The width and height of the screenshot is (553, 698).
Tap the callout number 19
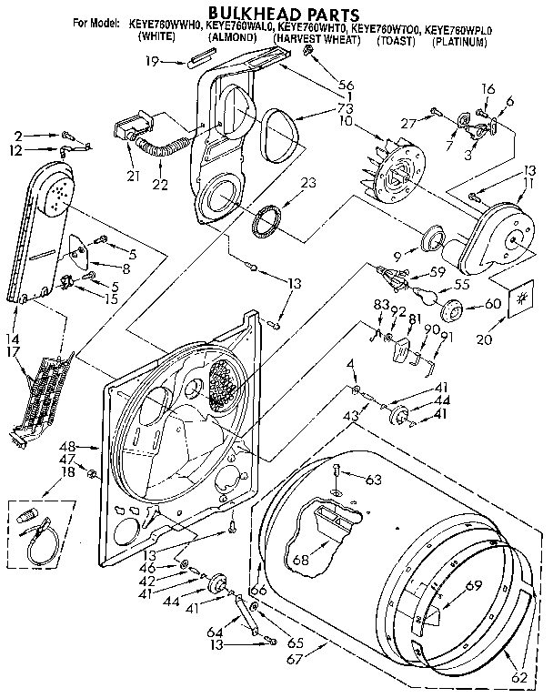[x=152, y=61]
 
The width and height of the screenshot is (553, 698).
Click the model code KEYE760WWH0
[x=166, y=29]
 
